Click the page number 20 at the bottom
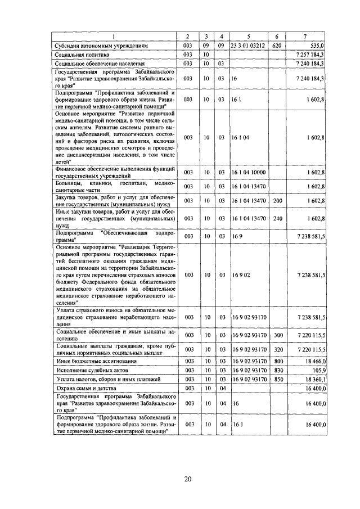point(187,479)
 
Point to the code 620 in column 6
point(277,45)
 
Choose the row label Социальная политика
point(83,55)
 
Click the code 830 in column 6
point(277,371)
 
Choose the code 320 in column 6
point(277,349)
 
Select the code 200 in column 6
point(277,201)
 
